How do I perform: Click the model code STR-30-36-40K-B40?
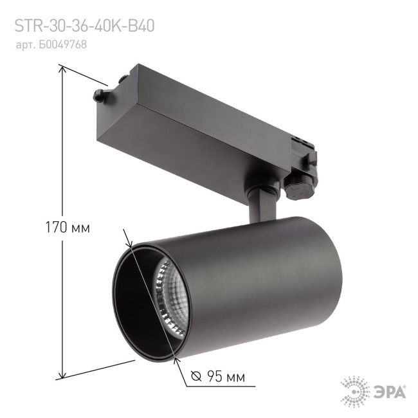point(84,26)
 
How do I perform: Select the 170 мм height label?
point(67,227)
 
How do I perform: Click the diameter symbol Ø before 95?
point(197,376)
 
